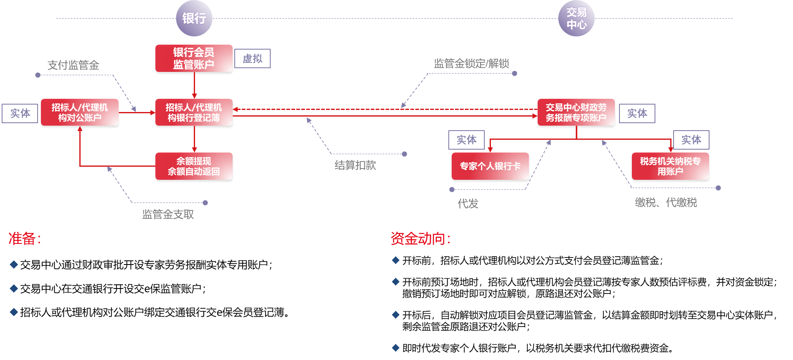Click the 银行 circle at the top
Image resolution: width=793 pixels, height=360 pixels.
[194, 18]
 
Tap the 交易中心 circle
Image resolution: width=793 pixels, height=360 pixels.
[576, 18]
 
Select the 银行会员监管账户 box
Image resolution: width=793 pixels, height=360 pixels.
[194, 58]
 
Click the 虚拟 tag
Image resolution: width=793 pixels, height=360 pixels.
[252, 59]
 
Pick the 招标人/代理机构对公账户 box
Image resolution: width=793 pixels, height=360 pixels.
[80, 112]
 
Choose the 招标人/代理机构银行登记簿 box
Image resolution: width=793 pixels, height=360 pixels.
[194, 112]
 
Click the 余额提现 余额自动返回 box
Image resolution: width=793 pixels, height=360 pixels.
[194, 166]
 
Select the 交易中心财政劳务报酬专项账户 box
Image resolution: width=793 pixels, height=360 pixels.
[576, 112]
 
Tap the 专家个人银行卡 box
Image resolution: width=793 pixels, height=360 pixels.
[490, 166]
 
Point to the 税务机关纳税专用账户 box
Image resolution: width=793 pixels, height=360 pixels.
[670, 166]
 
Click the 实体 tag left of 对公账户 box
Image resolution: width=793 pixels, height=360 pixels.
[20, 113]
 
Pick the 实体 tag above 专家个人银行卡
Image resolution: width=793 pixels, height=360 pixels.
[467, 140]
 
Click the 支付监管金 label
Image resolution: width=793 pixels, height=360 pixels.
[73, 65]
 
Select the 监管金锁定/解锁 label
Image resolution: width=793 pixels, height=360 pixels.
[471, 64]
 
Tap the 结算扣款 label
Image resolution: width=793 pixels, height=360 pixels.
[355, 165]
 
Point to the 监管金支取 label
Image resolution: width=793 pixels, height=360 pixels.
[168, 214]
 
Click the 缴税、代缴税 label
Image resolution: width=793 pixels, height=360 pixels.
[666, 203]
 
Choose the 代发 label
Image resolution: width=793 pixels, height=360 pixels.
[468, 203]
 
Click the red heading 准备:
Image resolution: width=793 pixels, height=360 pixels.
[24, 238]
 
